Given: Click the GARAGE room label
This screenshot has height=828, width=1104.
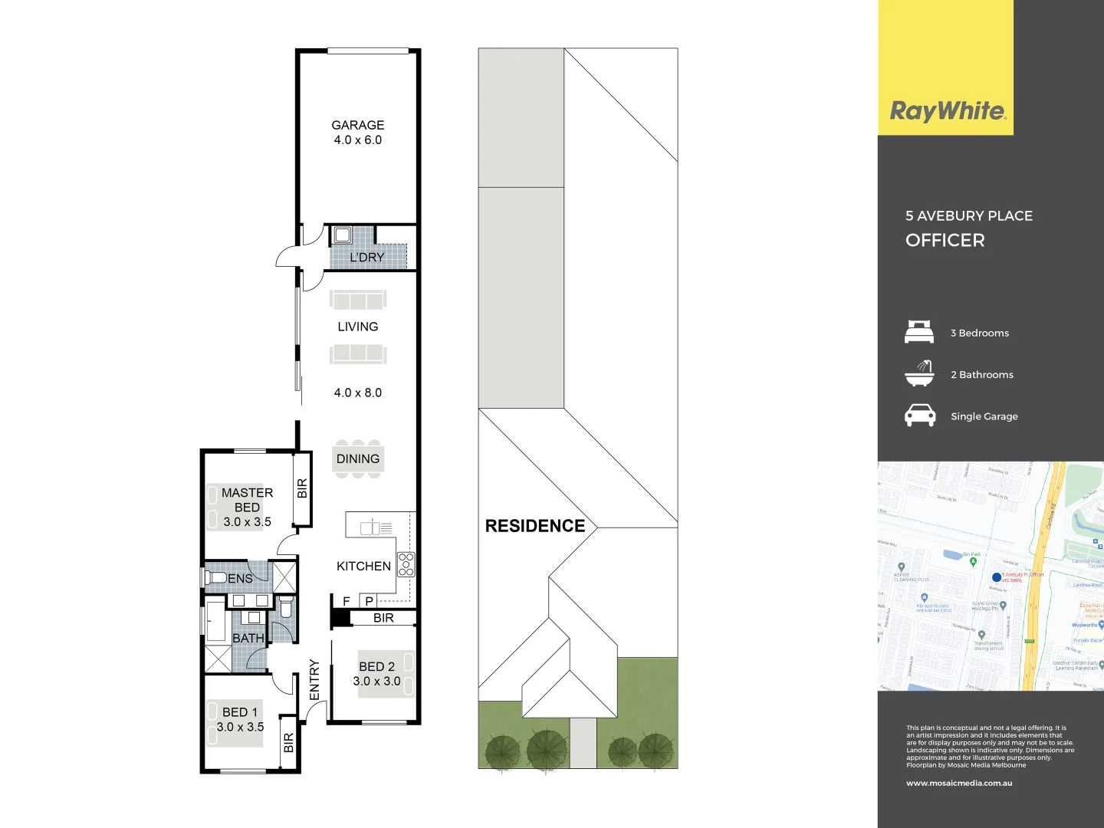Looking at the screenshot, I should click(357, 125).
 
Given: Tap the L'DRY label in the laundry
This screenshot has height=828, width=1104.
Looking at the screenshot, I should click(366, 258).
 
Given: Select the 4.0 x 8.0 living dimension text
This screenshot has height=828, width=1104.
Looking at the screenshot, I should click(357, 393).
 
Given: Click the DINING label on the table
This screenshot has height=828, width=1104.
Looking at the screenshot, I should click(357, 458).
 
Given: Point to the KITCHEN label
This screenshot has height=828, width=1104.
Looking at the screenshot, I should click(363, 566).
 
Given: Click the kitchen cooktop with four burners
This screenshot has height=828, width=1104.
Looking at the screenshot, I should click(406, 563).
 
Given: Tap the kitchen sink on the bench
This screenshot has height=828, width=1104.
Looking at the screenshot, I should click(370, 527).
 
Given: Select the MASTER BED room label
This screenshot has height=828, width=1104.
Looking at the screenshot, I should click(247, 500).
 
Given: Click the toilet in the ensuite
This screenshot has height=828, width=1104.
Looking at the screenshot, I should click(214, 577).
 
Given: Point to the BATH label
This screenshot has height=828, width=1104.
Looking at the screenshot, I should click(248, 638).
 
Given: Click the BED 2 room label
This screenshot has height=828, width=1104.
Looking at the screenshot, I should click(376, 667).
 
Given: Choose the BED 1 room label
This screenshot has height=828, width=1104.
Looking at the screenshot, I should click(240, 712).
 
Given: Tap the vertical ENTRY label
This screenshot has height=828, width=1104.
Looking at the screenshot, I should click(314, 679).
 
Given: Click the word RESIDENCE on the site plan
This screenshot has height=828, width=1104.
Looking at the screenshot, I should click(535, 526).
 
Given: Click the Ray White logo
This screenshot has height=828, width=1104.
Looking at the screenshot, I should click(948, 111).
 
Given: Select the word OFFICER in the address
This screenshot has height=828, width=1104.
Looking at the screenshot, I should click(945, 240).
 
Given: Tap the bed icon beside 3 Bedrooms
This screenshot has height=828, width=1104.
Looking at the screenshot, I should click(919, 332).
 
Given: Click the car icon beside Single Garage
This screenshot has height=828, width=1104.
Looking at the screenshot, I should click(920, 416).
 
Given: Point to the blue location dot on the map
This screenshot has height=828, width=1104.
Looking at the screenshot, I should click(997, 577).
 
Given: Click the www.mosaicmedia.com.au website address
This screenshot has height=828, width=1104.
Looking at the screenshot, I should click(959, 783).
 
